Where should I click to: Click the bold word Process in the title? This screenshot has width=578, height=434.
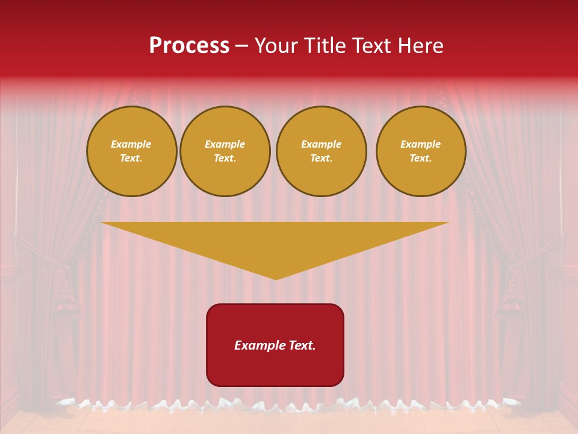189,46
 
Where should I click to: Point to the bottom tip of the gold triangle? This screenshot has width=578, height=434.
276,278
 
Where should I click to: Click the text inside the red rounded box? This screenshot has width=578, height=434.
275,345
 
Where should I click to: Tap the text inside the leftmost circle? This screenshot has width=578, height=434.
131,151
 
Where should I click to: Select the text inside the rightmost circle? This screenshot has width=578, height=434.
421,151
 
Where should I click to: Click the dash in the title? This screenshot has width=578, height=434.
242,46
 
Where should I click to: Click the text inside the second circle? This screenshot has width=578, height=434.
225,151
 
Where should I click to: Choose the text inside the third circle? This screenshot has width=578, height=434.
321,151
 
